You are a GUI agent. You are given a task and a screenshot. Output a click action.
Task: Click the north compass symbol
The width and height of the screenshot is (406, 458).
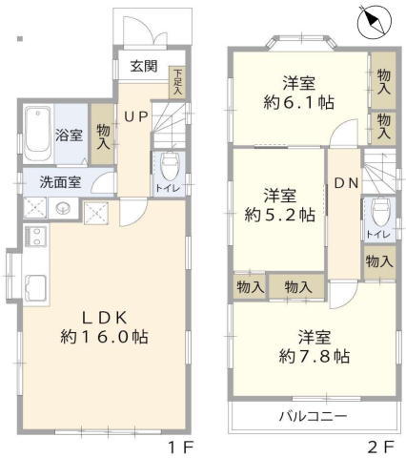tap(375, 21)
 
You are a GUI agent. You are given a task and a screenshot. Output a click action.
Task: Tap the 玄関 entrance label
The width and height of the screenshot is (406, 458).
tap(144, 67)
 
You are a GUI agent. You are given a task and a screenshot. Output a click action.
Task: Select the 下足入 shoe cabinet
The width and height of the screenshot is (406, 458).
tap(177, 82)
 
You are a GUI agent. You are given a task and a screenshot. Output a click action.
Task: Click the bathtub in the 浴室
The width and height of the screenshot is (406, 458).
tap(38, 134)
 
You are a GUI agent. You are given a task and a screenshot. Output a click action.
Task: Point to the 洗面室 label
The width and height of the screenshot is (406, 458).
tap(60, 182)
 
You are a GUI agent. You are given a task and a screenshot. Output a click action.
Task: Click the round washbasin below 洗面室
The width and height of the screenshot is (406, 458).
tap(62, 209)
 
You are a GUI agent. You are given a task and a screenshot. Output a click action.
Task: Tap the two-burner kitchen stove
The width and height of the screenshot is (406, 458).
tap(36, 237)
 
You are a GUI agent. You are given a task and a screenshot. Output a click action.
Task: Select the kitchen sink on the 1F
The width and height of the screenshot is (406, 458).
tap(36, 287)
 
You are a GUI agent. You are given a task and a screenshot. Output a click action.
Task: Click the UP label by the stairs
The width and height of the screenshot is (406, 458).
tap(135, 117)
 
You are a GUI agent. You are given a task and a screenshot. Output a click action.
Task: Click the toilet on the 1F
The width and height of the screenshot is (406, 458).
tap(170, 166)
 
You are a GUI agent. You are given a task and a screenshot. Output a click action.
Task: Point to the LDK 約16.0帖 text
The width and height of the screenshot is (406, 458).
tap(105, 327)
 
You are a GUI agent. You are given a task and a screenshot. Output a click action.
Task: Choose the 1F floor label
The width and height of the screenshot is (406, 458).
tap(180, 448)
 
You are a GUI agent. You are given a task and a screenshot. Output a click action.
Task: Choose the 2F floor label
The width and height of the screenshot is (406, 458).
tap(381, 448)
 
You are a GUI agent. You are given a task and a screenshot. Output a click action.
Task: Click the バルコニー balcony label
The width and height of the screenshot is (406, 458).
tap(313, 416)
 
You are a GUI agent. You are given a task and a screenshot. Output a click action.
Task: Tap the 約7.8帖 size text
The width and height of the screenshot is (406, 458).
tap(315, 356)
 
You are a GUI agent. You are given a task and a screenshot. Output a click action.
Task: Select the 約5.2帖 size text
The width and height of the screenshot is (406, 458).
tap(280, 215)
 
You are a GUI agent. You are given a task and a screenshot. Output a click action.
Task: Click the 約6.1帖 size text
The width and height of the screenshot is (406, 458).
tap(298, 102)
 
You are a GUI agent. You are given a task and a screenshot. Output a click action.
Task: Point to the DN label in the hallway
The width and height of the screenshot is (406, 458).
tap(347, 183)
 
